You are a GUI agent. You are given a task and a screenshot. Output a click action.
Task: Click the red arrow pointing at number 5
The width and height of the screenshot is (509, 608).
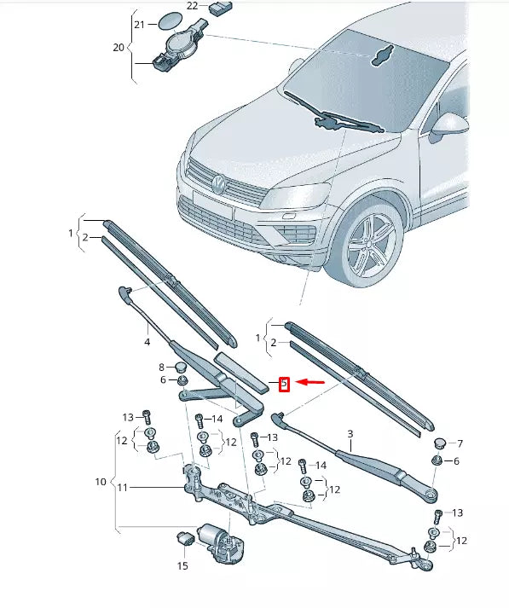click(312, 384)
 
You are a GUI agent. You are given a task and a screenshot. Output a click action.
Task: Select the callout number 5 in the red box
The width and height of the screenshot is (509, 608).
click(285, 385)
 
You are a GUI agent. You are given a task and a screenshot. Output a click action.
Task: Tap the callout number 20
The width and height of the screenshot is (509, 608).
click(119, 48)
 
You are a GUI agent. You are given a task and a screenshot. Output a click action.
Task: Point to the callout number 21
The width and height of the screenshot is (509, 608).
click(142, 25)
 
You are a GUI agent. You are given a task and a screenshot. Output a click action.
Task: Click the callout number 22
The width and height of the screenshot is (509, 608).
click(192, 6)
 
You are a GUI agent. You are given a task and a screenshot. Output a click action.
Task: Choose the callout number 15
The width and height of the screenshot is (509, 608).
click(182, 565)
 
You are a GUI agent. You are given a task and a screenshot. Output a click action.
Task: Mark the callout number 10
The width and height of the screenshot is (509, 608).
click(101, 482)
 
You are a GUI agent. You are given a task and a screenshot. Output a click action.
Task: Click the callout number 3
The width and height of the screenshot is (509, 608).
click(350, 434)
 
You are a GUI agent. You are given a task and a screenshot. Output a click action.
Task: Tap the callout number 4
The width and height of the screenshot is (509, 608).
click(147, 342)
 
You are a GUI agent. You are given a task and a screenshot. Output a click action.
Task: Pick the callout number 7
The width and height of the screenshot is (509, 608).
click(460, 443)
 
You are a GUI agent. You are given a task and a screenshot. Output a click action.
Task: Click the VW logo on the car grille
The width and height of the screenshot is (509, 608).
click(219, 182)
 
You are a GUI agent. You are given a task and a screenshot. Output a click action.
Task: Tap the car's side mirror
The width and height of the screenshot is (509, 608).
click(448, 126)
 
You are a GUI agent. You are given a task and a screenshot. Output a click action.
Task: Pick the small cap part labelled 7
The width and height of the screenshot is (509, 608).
click(439, 443)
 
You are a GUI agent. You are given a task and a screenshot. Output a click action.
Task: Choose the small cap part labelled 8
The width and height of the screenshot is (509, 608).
click(182, 368)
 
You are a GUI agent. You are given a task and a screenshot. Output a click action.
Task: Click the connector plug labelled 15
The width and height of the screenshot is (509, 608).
click(184, 538)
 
